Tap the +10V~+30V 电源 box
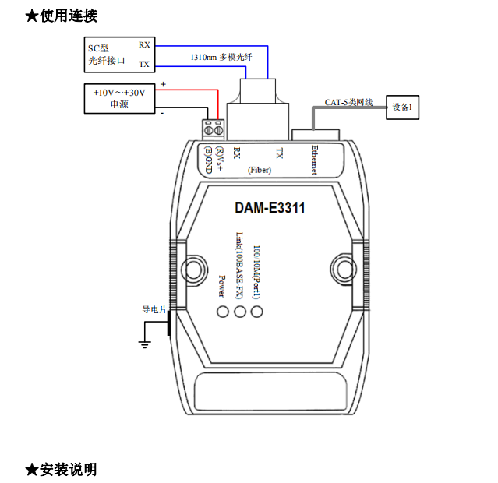point(119,98)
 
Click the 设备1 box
point(403,107)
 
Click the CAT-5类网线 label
point(349,102)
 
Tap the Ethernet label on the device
point(313,160)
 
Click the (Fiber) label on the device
point(259,169)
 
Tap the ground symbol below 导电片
point(144,343)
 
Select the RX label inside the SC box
point(144,44)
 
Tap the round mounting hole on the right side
point(341,265)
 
